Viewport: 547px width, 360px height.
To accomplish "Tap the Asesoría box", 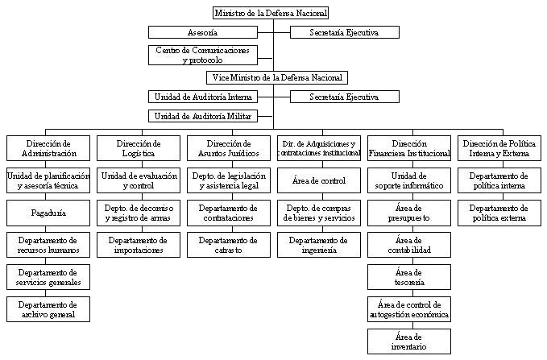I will pyautogui.click(x=202, y=32).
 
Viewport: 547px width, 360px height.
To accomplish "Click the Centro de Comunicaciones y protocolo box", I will pyautogui.click(x=202, y=55).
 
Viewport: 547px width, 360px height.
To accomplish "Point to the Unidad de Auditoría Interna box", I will pyautogui.click(x=202, y=97).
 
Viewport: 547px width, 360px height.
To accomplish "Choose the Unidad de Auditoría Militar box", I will pyautogui.click(x=202, y=116).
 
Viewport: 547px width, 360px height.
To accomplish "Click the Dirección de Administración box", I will pyautogui.click(x=45, y=147).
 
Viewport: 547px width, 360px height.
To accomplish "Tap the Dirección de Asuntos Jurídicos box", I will pyautogui.click(x=228, y=147).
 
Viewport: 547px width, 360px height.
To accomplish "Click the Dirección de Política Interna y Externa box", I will pyautogui.click(x=500, y=147).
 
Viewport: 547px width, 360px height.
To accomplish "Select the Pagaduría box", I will pyautogui.click(x=45, y=213).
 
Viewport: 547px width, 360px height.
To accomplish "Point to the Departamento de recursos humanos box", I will pyautogui.click(x=45, y=245).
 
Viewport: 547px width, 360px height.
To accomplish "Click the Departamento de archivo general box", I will pyautogui.click(x=45, y=309).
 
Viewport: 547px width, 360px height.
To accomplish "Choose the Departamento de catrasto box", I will pyautogui.click(x=228, y=245).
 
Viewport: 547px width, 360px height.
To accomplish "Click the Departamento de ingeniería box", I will pyautogui.click(x=318, y=245).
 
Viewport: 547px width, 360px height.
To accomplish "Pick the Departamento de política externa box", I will pyautogui.click(x=500, y=213).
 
